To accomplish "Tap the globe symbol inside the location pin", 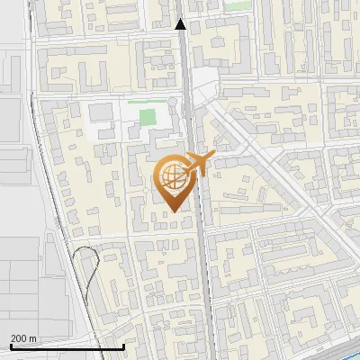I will pos(172,177).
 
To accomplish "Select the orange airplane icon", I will pos(201,163).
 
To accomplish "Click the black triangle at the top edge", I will pos(181,24).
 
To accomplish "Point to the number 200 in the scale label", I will pos(19,338).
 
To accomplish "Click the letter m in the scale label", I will pos(33,338).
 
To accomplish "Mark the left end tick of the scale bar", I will pos(10,346).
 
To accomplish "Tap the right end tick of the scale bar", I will pos(123,346).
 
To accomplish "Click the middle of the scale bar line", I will pos(67,346).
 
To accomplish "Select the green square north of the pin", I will pos(141,116).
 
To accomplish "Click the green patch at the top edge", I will pos(236,4).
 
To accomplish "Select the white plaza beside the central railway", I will pos(205,83).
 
